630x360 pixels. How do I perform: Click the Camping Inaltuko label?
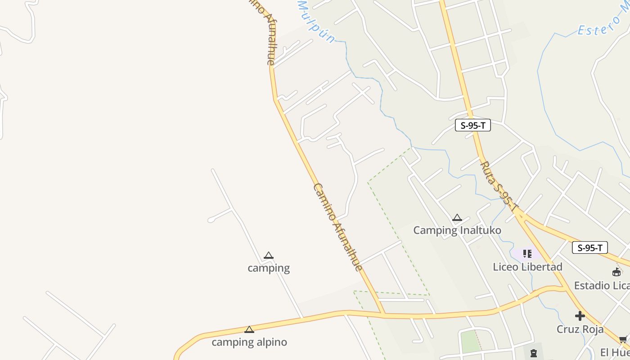(457, 230)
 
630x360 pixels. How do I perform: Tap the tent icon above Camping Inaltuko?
(457, 218)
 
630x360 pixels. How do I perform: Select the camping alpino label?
(249, 342)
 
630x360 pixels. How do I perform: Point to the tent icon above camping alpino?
(249, 330)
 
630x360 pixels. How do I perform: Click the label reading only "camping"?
(269, 268)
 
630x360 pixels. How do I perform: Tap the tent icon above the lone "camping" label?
(269, 256)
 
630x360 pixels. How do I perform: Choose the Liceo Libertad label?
(527, 267)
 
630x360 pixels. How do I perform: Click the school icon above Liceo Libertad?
(527, 254)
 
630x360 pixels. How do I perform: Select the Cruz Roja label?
(580, 329)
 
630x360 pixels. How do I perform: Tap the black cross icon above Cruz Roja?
(580, 316)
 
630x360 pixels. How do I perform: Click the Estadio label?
(602, 286)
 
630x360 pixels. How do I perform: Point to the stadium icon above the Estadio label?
(616, 272)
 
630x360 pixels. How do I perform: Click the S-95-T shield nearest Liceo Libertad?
(590, 247)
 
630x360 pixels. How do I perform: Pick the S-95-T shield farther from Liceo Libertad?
(472, 126)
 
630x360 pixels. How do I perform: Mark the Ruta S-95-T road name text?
(499, 187)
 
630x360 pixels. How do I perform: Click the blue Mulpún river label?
(316, 21)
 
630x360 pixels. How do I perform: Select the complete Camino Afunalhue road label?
(338, 227)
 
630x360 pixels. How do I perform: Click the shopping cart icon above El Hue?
(623, 339)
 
